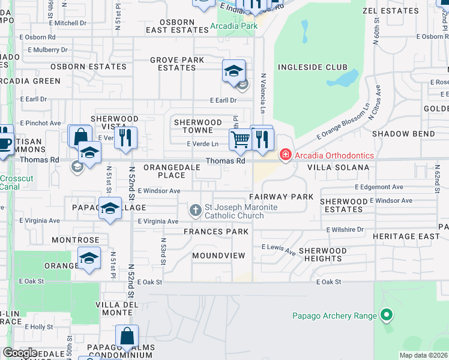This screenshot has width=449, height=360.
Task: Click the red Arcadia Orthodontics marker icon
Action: [x=285, y=155]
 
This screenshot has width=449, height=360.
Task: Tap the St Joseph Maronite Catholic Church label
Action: [x=234, y=212]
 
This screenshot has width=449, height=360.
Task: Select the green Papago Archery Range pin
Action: [x=387, y=315]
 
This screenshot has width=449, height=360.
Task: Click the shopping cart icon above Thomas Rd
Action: [x=240, y=139]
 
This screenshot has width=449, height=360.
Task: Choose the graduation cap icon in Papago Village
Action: [x=110, y=209]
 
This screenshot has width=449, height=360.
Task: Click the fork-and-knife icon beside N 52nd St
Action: [x=126, y=138]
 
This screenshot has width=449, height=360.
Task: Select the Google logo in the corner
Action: [x=20, y=353]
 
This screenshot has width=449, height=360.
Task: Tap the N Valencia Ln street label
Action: [x=263, y=94]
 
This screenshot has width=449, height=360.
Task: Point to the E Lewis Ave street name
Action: [x=279, y=250]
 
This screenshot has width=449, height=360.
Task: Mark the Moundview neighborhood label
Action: [x=218, y=256]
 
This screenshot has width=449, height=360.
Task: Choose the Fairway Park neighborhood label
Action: [x=281, y=197]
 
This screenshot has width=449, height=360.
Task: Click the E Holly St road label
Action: [x=37, y=327]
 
